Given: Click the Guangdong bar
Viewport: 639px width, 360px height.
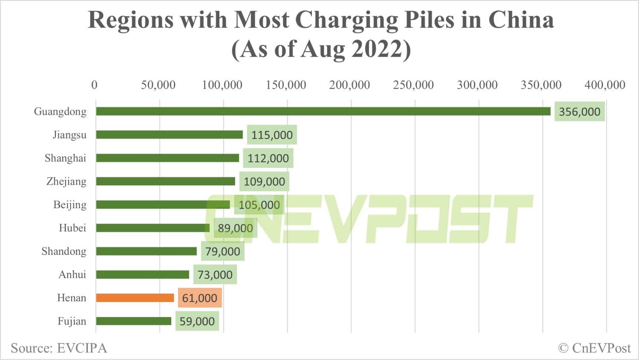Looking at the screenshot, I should tap(323, 112).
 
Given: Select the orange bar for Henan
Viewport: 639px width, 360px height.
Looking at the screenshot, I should tap(135, 298).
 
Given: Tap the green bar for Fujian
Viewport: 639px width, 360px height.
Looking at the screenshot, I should tap(133, 321).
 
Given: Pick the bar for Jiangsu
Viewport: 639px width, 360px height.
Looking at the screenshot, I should tap(169, 135).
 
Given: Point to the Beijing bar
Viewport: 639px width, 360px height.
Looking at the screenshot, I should tap(163, 204).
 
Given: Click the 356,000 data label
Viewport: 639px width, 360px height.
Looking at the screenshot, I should tap(579, 112).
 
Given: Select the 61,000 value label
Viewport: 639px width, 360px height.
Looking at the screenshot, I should tap(200, 298).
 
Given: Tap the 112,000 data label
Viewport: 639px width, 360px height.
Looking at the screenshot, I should tap(268, 158).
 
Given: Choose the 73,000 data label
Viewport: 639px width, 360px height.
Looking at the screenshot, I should tap(215, 275).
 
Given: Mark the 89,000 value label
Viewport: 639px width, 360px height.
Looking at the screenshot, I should tap(235, 228).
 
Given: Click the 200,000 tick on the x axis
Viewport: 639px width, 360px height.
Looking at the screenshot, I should tap(349, 85).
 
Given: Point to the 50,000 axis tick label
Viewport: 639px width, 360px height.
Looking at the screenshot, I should tap(158, 85).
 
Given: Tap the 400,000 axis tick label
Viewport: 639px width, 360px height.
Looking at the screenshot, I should tap(604, 85).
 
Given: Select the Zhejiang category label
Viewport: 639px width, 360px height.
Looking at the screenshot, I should tap(66, 181).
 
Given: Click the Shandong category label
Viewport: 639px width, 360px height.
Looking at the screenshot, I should tap(64, 251).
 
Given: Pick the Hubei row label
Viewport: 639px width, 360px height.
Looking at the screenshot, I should tap(72, 228).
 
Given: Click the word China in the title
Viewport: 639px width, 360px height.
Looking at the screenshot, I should tap(521, 20).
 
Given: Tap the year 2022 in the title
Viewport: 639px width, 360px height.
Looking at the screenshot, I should tap(376, 49).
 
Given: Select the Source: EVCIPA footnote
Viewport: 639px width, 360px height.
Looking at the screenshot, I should tap(59, 348).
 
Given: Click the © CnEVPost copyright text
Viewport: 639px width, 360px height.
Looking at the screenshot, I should tap(594, 348).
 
